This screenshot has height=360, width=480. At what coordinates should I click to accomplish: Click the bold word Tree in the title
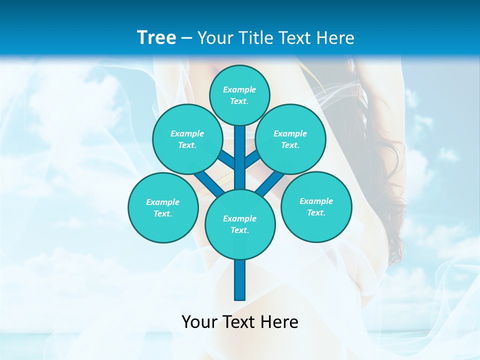tap(156, 37)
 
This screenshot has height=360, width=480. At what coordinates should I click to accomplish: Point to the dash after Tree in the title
tap(187, 38)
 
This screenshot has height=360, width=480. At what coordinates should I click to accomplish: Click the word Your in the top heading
tap(214, 38)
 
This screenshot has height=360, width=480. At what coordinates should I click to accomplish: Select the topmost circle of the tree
tap(239, 95)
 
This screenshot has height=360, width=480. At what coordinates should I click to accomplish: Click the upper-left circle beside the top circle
tap(187, 139)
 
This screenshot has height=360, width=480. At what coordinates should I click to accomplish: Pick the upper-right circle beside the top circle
tap(290, 139)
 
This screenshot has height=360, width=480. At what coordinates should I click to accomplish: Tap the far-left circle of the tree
tap(163, 207)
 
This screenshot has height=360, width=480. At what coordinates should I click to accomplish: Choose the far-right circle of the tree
tap(316, 206)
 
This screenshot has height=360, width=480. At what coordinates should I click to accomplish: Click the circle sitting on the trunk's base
tap(240, 224)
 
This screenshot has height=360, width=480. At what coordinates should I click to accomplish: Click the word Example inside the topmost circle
tap(239, 90)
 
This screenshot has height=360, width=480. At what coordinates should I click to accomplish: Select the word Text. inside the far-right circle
tap(316, 212)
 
